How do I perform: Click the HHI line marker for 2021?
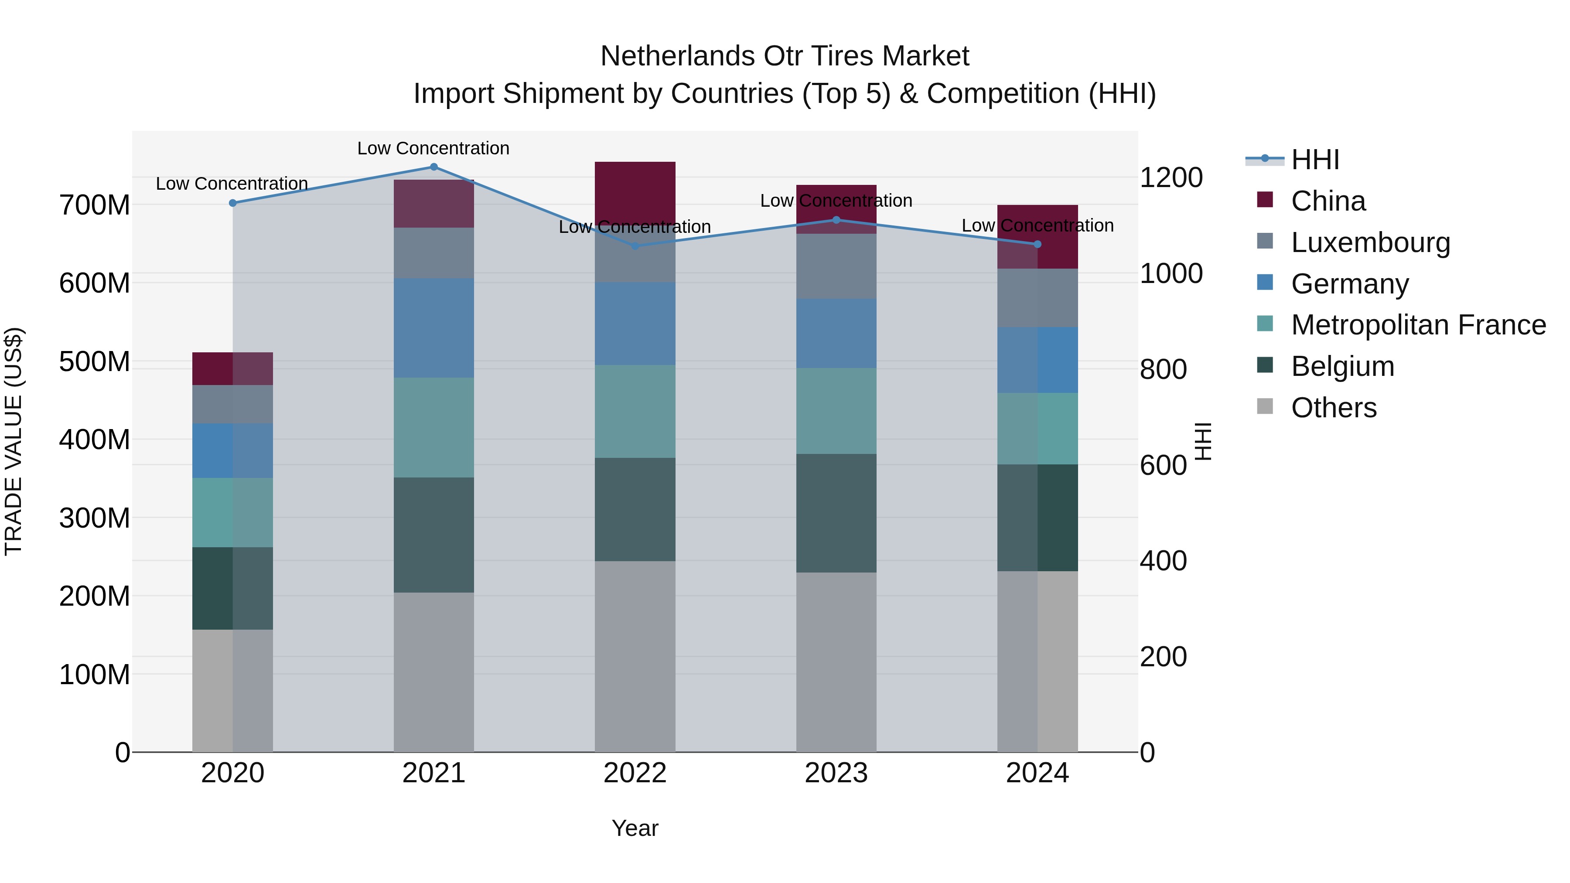[x=434, y=167]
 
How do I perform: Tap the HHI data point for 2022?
[x=635, y=246]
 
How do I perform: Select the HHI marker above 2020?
[x=233, y=203]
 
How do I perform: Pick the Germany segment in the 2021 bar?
[x=434, y=328]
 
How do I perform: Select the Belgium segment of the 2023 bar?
[x=836, y=513]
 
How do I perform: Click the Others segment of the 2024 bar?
[x=1038, y=661]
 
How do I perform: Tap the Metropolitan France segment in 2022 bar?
[x=635, y=411]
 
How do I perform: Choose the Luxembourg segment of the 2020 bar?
[x=233, y=404]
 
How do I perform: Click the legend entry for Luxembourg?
[x=1370, y=242]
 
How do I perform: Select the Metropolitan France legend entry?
[x=1418, y=325]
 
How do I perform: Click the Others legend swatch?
[x=1265, y=406]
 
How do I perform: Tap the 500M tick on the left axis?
[x=95, y=361]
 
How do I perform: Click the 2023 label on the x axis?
[x=836, y=773]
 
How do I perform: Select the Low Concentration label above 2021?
[x=433, y=148]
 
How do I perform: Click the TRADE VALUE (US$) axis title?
[x=14, y=441]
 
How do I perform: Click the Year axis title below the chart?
[x=635, y=828]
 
